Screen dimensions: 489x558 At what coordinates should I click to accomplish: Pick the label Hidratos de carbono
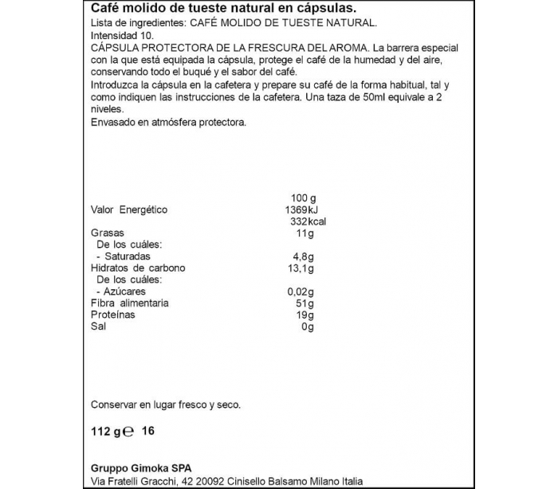138,268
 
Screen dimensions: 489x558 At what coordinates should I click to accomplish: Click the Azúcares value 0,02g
301,291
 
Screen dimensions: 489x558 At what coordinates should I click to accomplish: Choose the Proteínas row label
112,315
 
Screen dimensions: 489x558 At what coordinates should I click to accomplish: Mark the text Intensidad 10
120,37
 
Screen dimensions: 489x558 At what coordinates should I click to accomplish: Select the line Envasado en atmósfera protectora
169,122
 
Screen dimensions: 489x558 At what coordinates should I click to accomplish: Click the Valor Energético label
129,209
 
